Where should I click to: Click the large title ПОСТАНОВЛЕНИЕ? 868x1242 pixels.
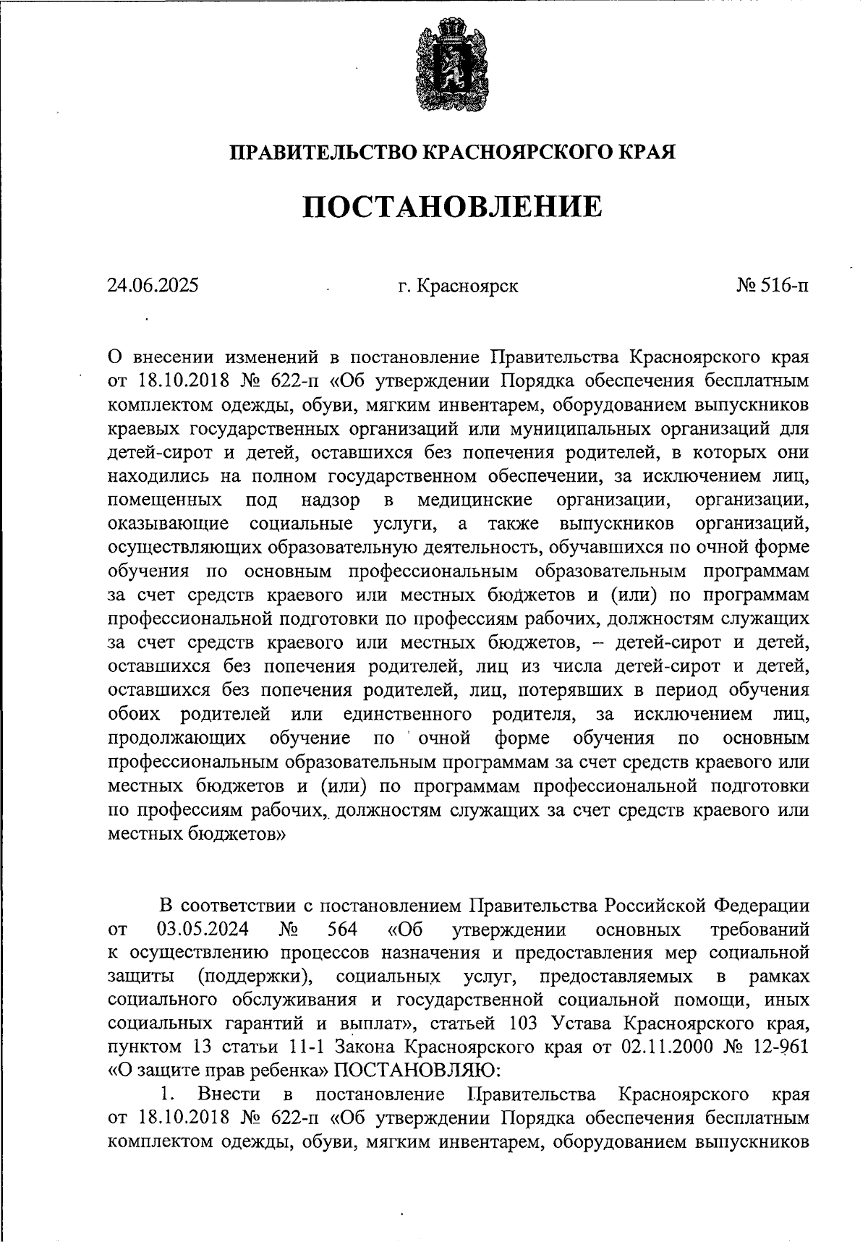pos(451,207)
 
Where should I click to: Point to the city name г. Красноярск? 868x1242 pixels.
pos(457,286)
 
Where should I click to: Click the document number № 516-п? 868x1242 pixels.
pos(773,286)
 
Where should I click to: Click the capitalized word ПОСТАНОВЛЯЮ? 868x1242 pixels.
pos(416,1073)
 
